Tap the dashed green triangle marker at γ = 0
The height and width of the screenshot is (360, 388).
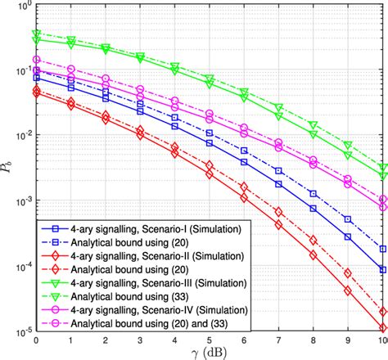[36, 34]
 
